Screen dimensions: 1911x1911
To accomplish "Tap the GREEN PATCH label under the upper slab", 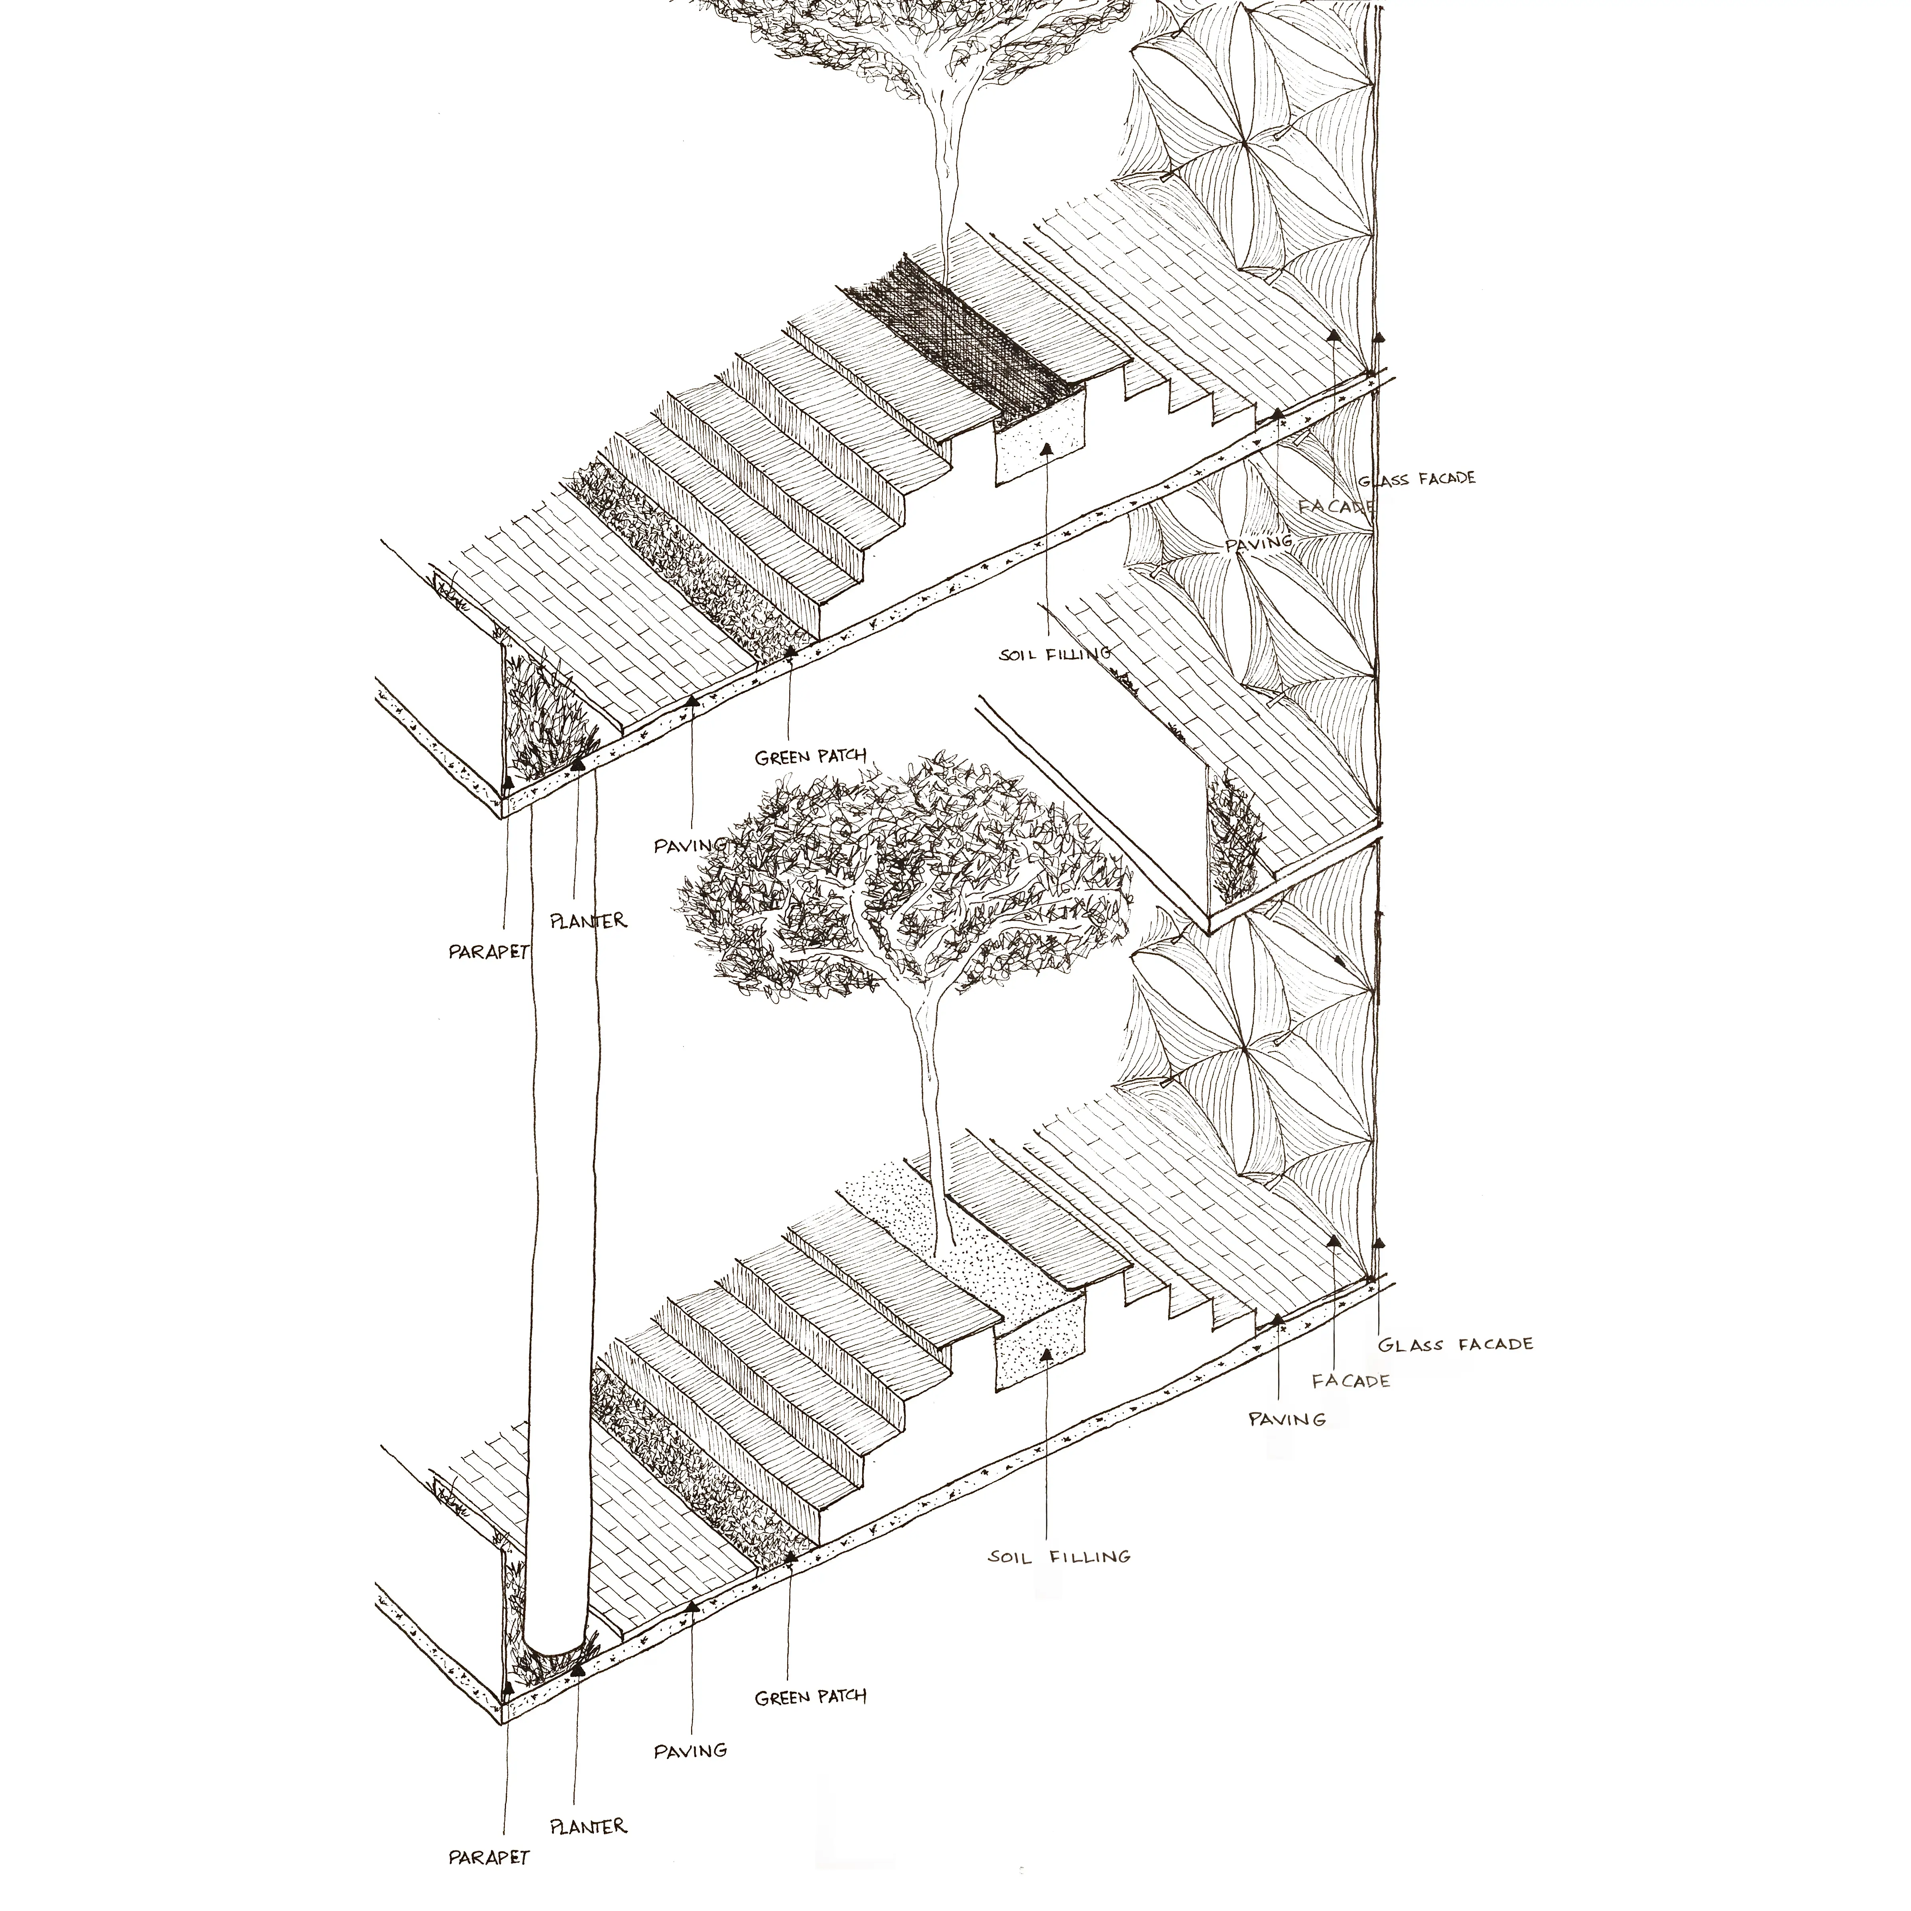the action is click(x=810, y=758).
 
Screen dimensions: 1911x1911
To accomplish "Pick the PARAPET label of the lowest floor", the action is click(x=489, y=1858).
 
